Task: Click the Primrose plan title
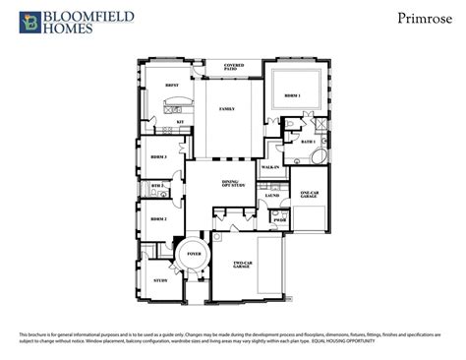417,17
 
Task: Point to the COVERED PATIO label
234,67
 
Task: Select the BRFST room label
171,86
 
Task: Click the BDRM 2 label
156,219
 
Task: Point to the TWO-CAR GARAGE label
247,265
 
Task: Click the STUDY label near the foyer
160,280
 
